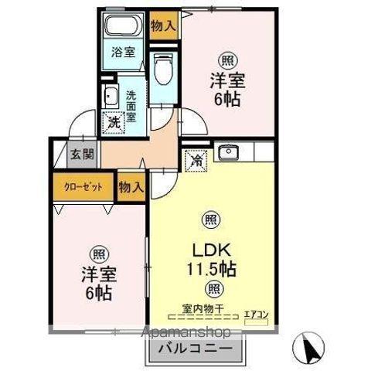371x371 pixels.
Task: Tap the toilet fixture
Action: coord(164,70)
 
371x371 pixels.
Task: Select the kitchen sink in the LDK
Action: coord(228,152)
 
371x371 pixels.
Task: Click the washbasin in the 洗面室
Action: coord(111,97)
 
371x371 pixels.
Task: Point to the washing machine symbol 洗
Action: coord(114,122)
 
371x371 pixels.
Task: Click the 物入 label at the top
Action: coord(163,25)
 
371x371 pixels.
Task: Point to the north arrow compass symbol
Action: coord(311,349)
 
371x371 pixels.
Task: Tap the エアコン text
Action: coord(254,313)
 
